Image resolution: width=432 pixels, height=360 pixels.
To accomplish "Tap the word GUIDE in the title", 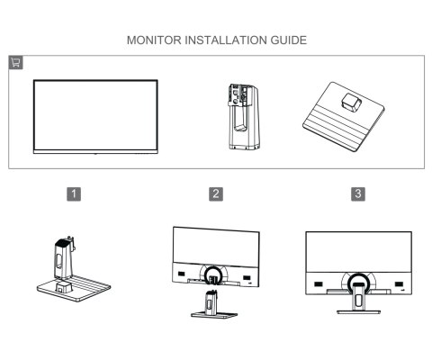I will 287,40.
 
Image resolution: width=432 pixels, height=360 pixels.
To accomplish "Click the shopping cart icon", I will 15,62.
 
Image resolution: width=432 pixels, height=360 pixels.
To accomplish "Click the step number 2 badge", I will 216,193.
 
